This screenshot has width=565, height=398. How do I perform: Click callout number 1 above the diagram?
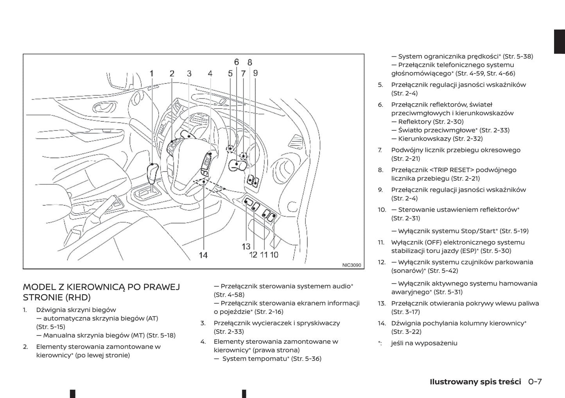tap(152, 73)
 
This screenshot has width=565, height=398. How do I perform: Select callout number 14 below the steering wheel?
tap(203, 255)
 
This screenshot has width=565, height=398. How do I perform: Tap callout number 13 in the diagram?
tap(246, 246)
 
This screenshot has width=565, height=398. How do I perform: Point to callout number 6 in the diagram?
tap(237, 62)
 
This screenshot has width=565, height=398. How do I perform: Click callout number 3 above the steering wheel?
tap(189, 73)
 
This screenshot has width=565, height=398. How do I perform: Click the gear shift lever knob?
tap(152, 171)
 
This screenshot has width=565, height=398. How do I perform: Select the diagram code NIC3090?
tap(352, 265)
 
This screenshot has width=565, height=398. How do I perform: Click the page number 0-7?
tap(535, 382)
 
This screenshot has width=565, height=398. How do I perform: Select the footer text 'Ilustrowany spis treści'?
tap(475, 382)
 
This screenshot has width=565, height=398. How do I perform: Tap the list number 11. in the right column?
tap(381, 243)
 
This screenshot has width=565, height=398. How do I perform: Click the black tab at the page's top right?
tap(559, 41)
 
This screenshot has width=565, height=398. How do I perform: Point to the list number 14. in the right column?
tap(382, 323)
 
